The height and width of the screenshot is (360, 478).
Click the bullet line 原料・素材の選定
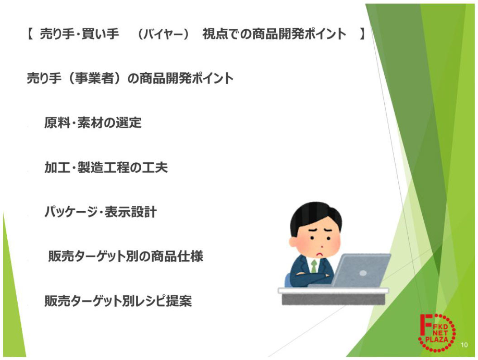click(93, 123)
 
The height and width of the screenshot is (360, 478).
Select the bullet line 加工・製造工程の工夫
click(106, 167)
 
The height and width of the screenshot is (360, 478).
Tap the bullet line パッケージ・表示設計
click(100, 212)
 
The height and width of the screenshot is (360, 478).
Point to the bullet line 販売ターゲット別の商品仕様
click(125, 256)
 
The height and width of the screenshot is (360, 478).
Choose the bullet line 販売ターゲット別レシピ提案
click(118, 301)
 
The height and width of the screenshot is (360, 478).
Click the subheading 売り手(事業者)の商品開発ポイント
click(130, 78)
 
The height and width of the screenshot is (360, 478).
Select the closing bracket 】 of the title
click(362, 34)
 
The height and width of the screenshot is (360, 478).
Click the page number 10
click(464, 345)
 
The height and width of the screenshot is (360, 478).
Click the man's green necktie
click(314, 266)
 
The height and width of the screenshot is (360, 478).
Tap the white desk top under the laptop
click(333, 290)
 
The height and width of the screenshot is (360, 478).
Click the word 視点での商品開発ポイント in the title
click(274, 34)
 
